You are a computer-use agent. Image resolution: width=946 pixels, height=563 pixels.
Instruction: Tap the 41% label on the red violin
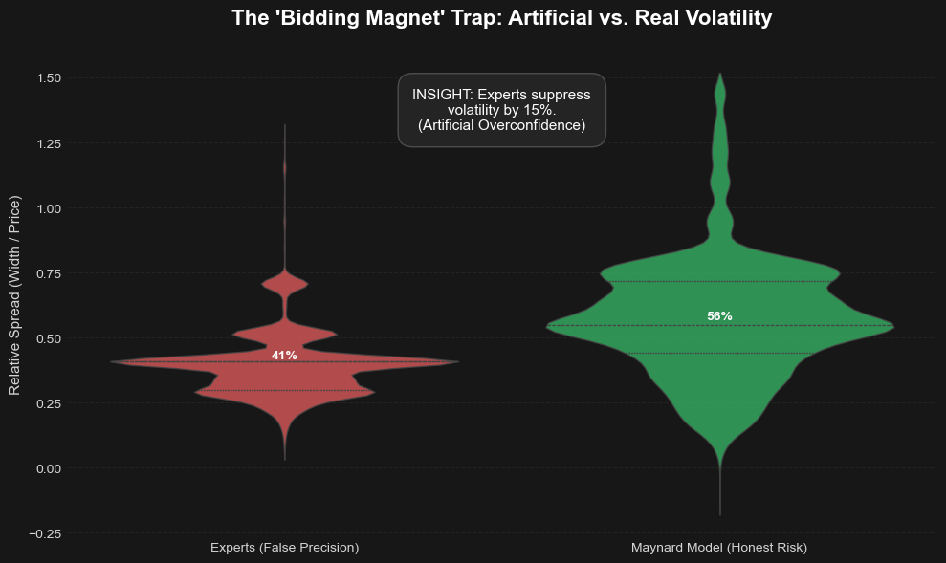tap(284, 356)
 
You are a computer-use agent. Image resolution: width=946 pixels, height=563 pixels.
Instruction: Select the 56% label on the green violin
tap(719, 316)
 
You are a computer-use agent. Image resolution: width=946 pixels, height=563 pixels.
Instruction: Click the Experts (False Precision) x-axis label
tap(284, 548)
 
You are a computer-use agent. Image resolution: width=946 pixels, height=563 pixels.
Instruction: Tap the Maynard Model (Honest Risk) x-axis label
tap(719, 548)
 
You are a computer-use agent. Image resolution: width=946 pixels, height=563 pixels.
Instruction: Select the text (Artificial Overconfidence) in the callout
tap(501, 125)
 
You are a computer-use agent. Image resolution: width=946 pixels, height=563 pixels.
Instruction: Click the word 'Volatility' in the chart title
tap(727, 18)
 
